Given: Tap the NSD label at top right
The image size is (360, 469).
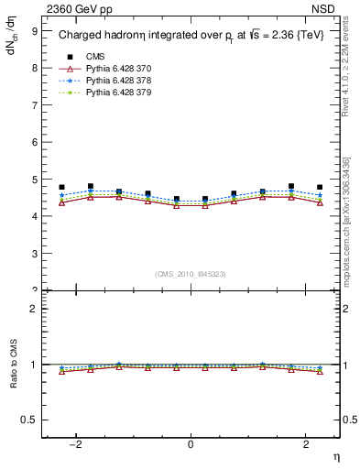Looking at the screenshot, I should (327, 8).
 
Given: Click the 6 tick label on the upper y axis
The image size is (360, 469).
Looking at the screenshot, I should (35, 142).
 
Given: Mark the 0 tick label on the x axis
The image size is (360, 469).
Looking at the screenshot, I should (191, 444).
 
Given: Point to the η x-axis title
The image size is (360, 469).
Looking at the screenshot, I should (336, 457).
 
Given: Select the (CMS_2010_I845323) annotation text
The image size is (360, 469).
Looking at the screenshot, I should (191, 274).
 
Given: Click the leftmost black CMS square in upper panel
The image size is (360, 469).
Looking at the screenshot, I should (61, 187).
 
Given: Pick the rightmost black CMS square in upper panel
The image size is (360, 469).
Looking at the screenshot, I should (320, 187).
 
